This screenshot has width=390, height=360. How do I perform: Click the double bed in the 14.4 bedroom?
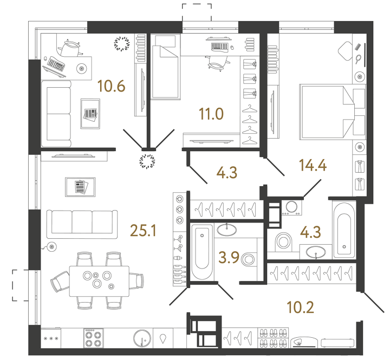point(328,112)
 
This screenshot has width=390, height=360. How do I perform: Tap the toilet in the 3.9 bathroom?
point(249,259)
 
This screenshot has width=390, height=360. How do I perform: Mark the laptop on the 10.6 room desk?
point(55,64)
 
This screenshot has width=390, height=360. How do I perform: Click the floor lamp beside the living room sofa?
point(52,247)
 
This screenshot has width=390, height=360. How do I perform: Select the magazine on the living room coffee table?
point(80,187)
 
